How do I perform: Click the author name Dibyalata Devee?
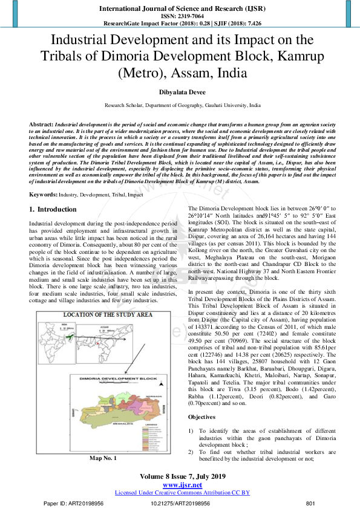coord(180,92)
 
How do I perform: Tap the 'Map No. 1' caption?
coord(103,459)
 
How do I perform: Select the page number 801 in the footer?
coord(311,503)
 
